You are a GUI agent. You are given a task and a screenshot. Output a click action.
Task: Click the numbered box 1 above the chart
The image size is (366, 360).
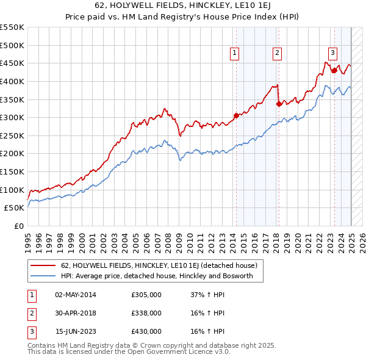[x=235, y=54]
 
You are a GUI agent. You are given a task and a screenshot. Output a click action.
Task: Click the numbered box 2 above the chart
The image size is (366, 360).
[x=277, y=54]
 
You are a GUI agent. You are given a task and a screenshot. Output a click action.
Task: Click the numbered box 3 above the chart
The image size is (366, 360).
[x=332, y=54]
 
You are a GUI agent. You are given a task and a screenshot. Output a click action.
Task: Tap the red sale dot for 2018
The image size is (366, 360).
[x=279, y=104]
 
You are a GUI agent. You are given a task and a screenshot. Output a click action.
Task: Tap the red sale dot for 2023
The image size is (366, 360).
[x=334, y=70]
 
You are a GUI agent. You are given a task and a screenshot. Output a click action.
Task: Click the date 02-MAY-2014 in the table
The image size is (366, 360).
[x=76, y=295]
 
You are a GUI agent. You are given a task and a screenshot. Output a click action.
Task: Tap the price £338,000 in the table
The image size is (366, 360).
[x=146, y=313]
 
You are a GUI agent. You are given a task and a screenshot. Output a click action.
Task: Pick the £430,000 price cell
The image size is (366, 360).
[x=146, y=331]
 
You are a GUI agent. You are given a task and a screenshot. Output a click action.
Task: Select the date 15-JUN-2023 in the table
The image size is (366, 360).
[x=76, y=331]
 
